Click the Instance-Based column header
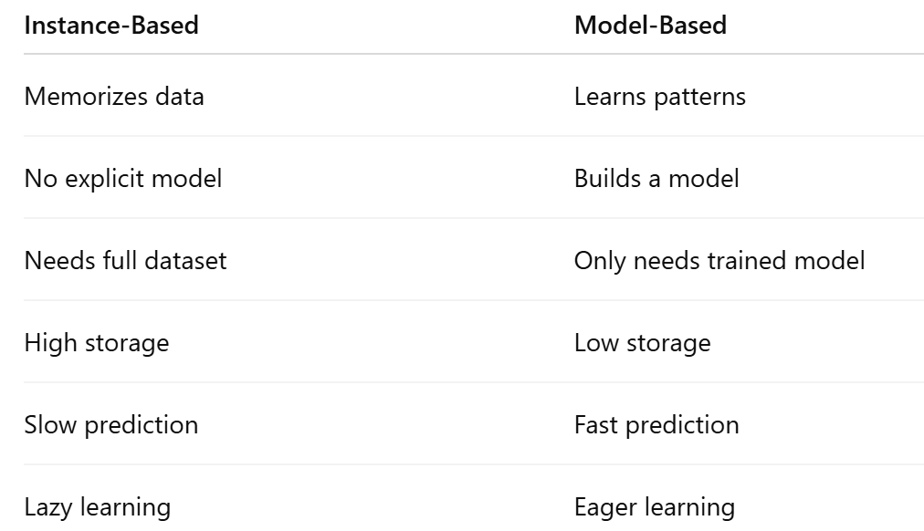pyautogui.click(x=111, y=25)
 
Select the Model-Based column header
pyautogui.click(x=650, y=25)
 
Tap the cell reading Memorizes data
pyautogui.click(x=114, y=96)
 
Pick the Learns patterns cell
pyautogui.click(x=659, y=96)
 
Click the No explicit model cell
pyautogui.click(x=123, y=178)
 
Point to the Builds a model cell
pyautogui.click(x=656, y=178)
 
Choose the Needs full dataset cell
pyautogui.click(x=125, y=260)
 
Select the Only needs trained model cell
pyautogui.click(x=719, y=260)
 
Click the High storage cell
pyautogui.click(x=97, y=342)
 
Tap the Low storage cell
pyautogui.click(x=642, y=342)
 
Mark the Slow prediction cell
pyautogui.click(x=111, y=424)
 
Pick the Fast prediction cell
pyautogui.click(x=656, y=424)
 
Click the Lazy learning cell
pyautogui.click(x=98, y=506)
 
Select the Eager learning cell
pyautogui.click(x=655, y=506)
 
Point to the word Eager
pyautogui.click(x=601, y=507)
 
